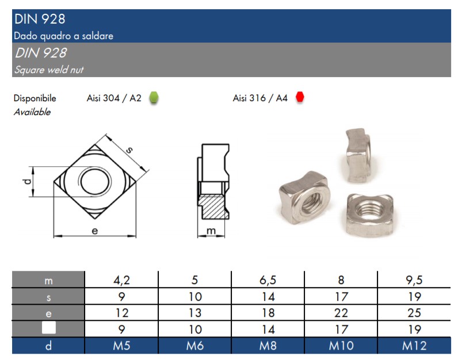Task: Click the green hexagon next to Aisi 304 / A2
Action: click(x=154, y=98)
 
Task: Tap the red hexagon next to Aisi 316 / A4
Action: click(x=300, y=97)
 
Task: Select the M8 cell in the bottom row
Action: click(x=268, y=346)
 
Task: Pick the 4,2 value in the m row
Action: click(x=122, y=280)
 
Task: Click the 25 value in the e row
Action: click(x=414, y=313)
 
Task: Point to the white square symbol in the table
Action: click(x=48, y=328)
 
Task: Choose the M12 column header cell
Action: click(x=414, y=346)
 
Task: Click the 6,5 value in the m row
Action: click(x=268, y=280)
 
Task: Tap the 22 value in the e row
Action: click(x=341, y=313)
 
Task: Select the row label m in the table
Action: click(x=48, y=281)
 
